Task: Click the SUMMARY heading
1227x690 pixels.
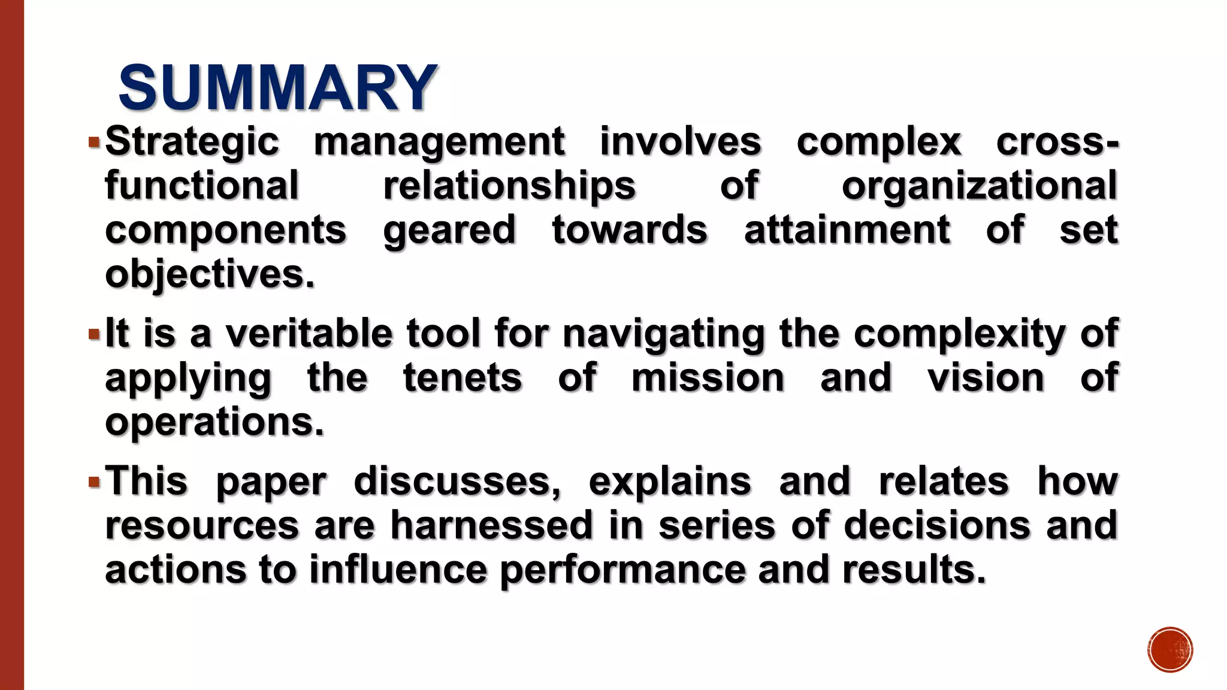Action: pos(278,87)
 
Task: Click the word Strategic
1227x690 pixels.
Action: pos(192,142)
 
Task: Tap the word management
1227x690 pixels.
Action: pos(439,142)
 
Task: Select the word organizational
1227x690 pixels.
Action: pos(980,186)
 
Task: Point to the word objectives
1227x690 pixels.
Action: pos(210,274)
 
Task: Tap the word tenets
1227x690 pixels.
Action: pos(463,378)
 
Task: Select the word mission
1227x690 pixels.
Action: pos(708,378)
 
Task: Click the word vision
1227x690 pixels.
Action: pos(986,378)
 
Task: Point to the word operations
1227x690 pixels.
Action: pos(214,422)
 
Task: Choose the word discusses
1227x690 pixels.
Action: pos(457,482)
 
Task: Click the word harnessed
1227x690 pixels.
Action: pos(492,525)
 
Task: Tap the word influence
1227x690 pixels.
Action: pos(398,570)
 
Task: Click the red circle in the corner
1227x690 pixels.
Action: pos(1170,650)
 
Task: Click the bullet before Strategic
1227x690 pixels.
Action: pos(93,143)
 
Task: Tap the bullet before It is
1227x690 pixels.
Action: pos(93,334)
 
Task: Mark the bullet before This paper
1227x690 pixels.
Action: pos(93,482)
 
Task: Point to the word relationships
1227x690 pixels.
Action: pos(509,186)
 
